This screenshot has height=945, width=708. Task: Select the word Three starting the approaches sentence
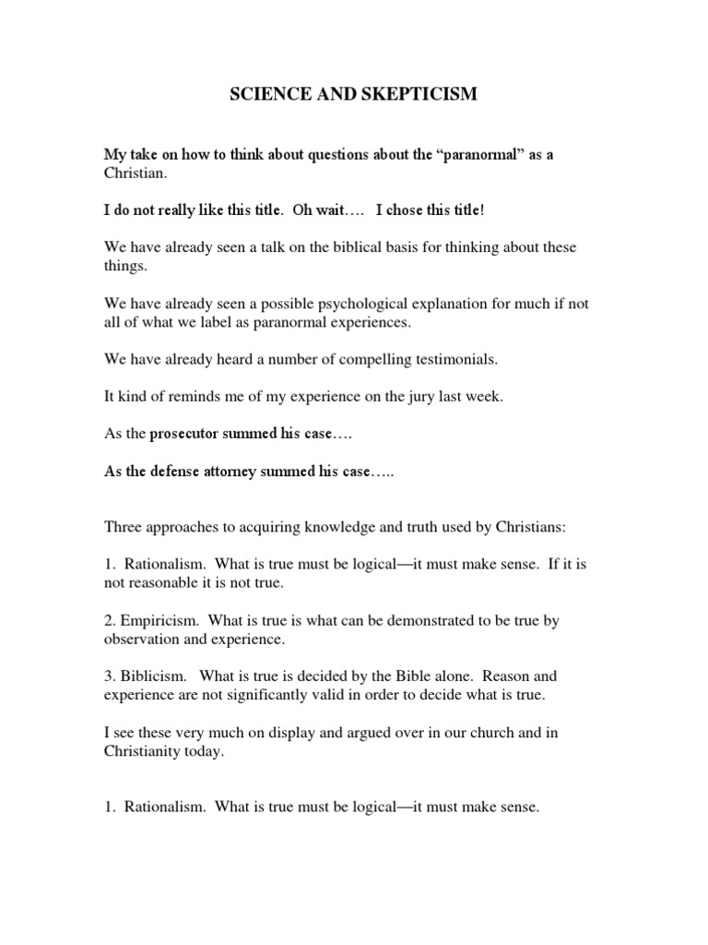coord(124,527)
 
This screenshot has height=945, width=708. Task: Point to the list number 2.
coord(108,621)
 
